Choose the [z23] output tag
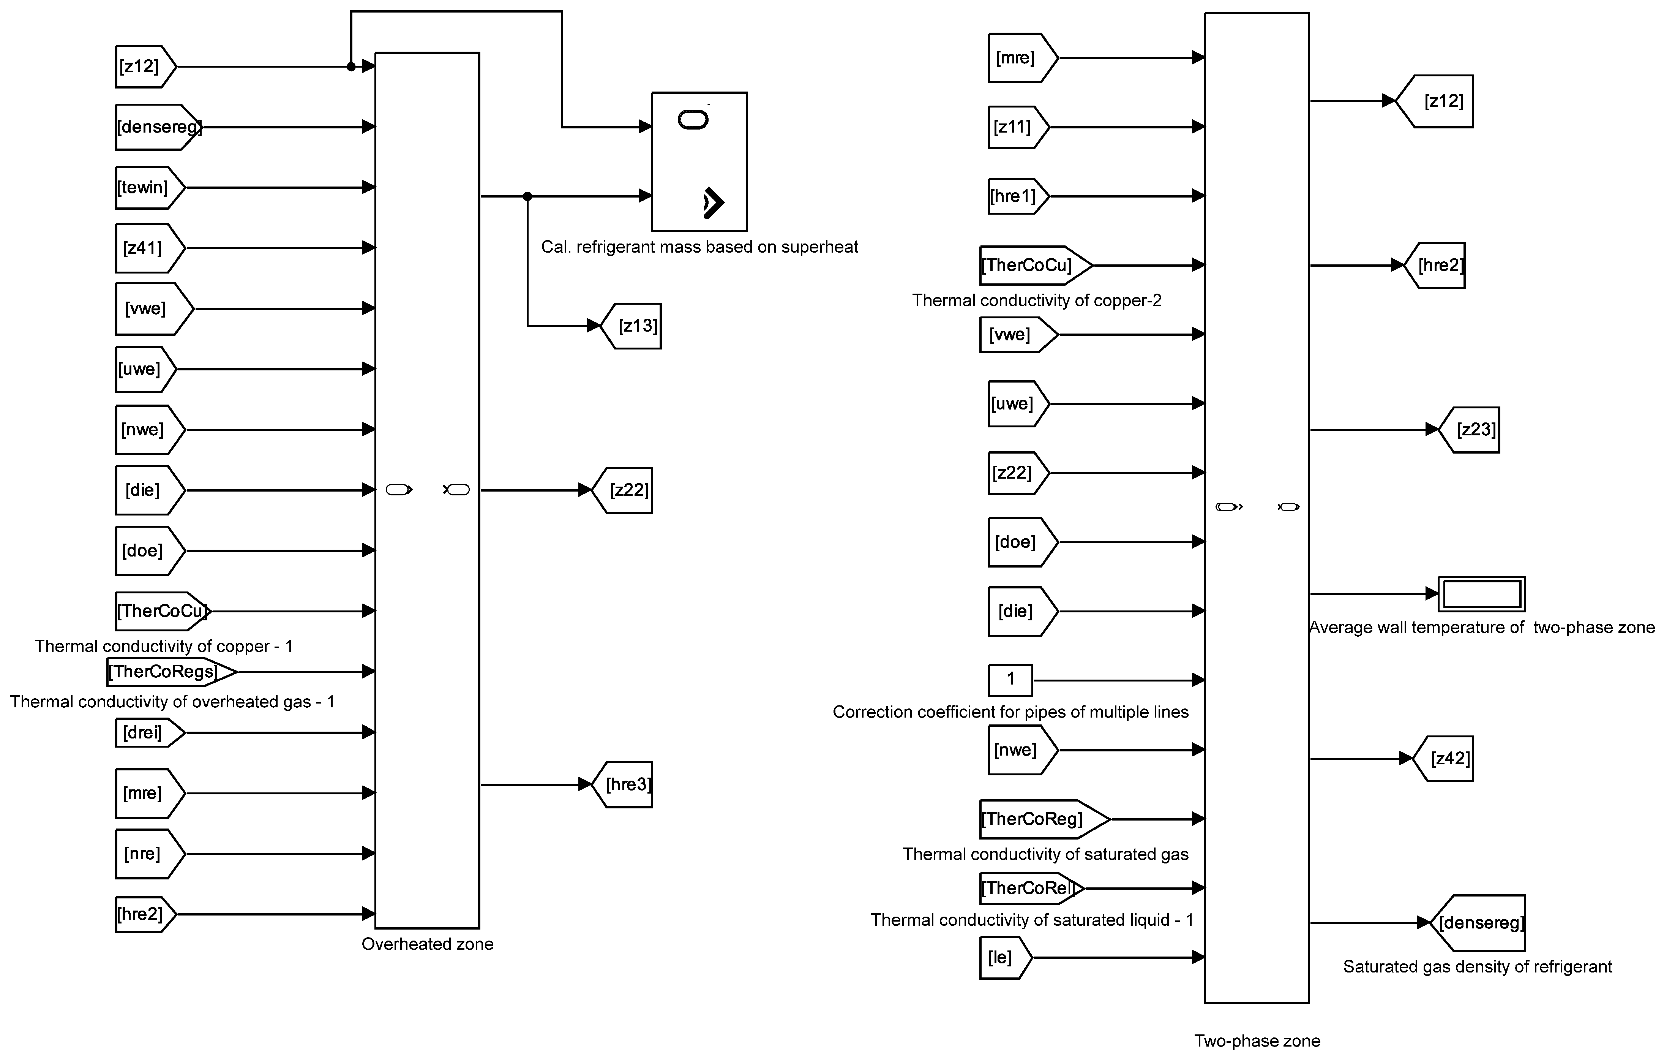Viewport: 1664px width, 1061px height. click(x=1470, y=430)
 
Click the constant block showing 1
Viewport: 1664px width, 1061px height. click(x=1010, y=680)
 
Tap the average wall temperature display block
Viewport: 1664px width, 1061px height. click(x=1482, y=594)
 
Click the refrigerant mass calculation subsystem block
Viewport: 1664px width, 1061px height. click(x=699, y=162)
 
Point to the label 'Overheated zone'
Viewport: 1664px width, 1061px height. click(x=427, y=944)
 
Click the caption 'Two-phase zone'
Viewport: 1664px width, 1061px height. click(x=1257, y=1041)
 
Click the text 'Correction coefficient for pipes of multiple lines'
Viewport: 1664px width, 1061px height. click(x=1010, y=712)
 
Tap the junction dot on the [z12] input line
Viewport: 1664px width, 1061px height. click(x=351, y=66)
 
